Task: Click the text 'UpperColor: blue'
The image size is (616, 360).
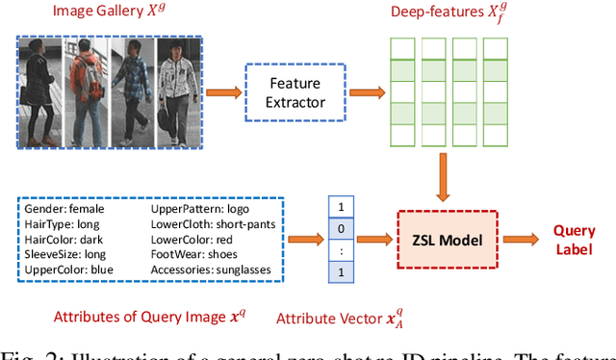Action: point(71,270)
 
